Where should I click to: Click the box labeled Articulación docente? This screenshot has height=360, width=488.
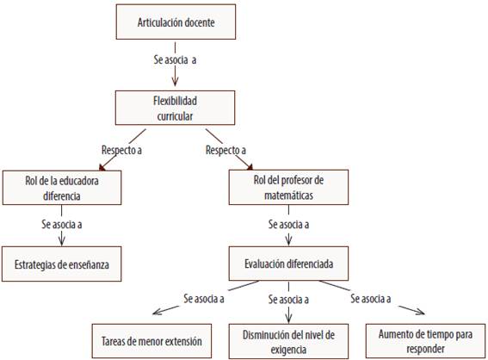(x=176, y=22)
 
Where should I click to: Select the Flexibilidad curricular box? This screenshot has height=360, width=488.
(x=175, y=108)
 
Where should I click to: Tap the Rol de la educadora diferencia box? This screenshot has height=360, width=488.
(x=62, y=188)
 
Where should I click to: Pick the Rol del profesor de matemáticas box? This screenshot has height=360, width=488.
(x=288, y=187)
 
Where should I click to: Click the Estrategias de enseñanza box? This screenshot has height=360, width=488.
(x=62, y=264)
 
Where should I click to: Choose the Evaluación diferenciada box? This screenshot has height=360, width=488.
(x=288, y=264)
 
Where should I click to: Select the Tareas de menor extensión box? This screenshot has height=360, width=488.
(x=151, y=341)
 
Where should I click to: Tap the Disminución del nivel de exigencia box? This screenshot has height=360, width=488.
(x=288, y=341)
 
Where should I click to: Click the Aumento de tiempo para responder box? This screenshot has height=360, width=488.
(x=425, y=341)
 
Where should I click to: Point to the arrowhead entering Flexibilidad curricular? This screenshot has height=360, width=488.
(x=175, y=82)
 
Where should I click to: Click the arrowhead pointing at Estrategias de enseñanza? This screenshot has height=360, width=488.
(x=62, y=242)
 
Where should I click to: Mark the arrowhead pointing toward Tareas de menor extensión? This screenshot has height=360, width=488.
(x=158, y=311)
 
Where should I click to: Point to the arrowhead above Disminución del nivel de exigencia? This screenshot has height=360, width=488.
(x=288, y=319)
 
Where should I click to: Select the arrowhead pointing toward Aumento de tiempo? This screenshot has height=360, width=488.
(x=420, y=312)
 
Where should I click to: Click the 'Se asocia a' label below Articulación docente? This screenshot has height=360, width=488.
(x=175, y=59)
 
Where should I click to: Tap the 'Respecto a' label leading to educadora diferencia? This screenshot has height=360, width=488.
(x=121, y=150)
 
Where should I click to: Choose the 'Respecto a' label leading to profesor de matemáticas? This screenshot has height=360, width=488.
(x=225, y=150)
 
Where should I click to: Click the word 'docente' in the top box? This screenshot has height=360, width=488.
(x=200, y=22)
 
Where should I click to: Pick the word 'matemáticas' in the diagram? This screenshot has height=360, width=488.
(x=288, y=196)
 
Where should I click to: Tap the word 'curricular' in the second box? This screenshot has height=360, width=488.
(x=175, y=116)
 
